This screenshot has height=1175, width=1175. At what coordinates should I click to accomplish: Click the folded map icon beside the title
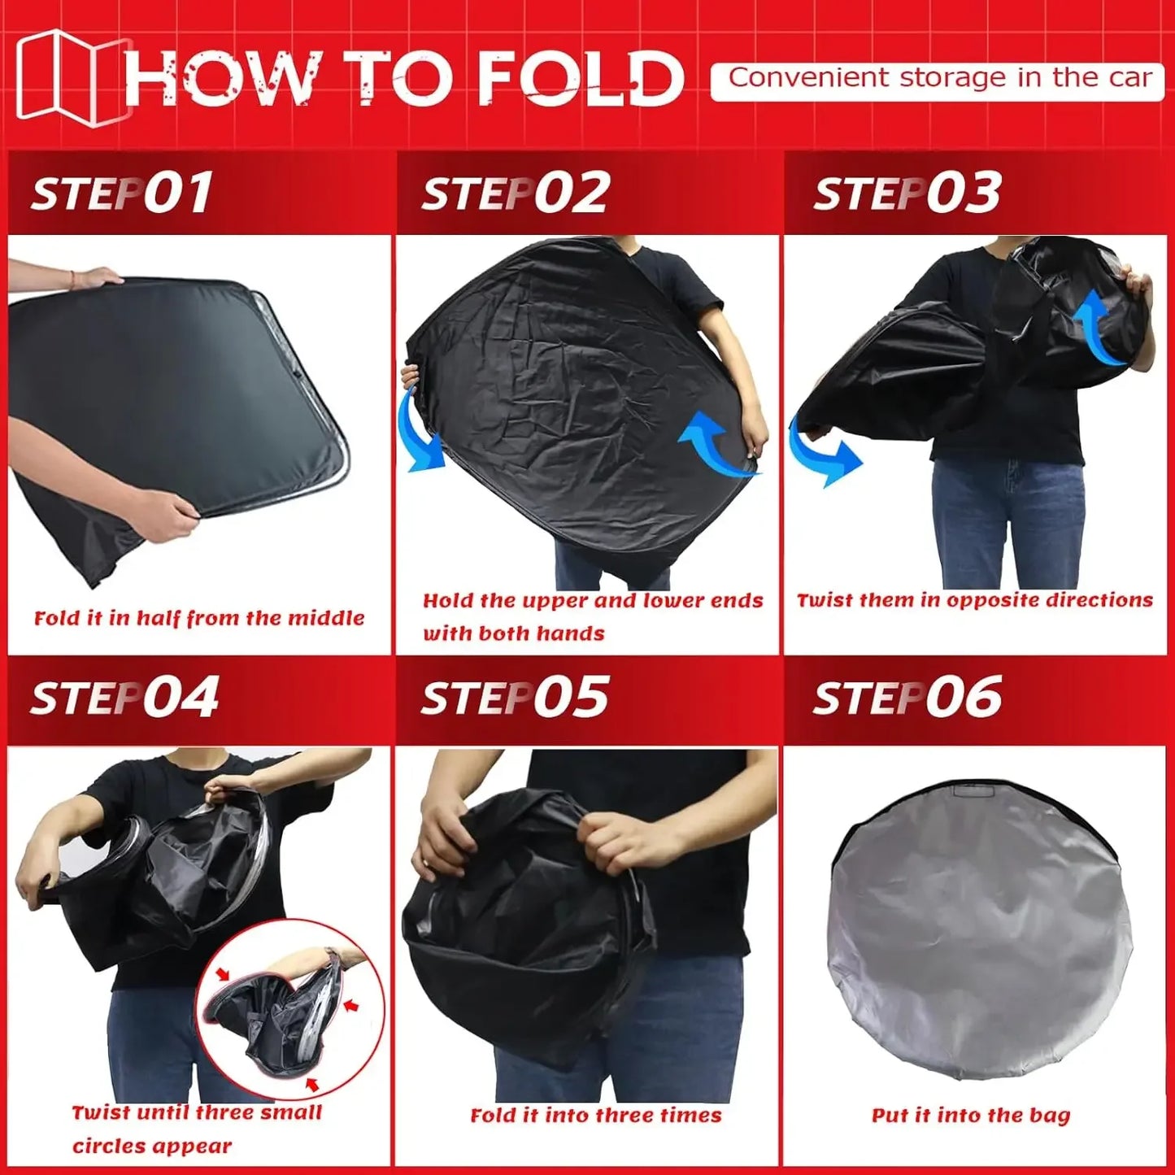(72, 77)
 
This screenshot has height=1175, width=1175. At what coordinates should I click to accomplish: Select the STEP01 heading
(122, 194)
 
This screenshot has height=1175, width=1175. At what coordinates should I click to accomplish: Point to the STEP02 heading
(515, 194)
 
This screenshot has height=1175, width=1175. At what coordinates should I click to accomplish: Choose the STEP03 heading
(907, 194)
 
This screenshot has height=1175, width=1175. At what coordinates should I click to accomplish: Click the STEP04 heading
(124, 698)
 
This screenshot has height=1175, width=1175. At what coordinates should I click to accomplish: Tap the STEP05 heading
(515, 698)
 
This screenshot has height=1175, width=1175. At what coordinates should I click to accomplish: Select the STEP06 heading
(907, 698)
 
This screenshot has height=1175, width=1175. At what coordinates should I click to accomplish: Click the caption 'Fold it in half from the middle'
(199, 618)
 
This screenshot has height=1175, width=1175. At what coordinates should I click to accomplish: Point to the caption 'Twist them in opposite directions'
(974, 600)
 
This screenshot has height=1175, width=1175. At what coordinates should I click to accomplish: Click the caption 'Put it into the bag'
(971, 1115)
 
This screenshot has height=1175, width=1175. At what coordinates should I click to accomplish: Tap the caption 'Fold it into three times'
(596, 1115)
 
